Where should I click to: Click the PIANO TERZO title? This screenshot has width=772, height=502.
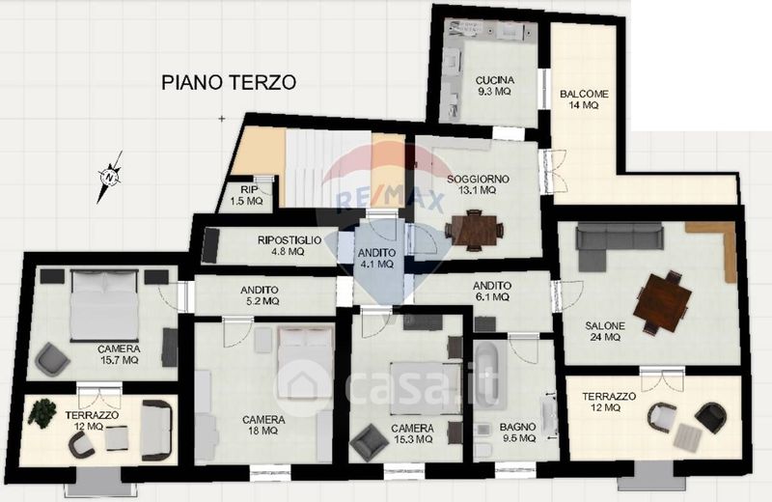click(229, 82)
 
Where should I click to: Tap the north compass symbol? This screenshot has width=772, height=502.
click(110, 177)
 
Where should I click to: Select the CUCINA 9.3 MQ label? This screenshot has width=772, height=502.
click(494, 86)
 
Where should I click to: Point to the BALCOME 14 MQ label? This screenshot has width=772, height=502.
click(584, 99)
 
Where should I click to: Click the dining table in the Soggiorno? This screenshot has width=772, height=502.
click(474, 230)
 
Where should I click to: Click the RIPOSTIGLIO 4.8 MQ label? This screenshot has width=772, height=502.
click(289, 246)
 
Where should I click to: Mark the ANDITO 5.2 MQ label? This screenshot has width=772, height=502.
click(260, 295)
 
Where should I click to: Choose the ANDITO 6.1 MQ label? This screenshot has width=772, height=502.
click(492, 292)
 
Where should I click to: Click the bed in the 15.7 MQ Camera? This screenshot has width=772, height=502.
click(104, 305)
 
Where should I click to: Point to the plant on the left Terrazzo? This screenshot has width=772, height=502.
click(41, 411)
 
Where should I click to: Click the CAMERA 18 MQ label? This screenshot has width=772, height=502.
click(263, 425)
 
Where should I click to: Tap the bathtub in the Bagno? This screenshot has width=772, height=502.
click(490, 375)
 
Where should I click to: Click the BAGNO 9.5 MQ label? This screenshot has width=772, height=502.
click(517, 432)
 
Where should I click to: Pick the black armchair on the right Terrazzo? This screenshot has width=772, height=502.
click(710, 418)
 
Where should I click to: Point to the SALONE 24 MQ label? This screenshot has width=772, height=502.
click(605, 331)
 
